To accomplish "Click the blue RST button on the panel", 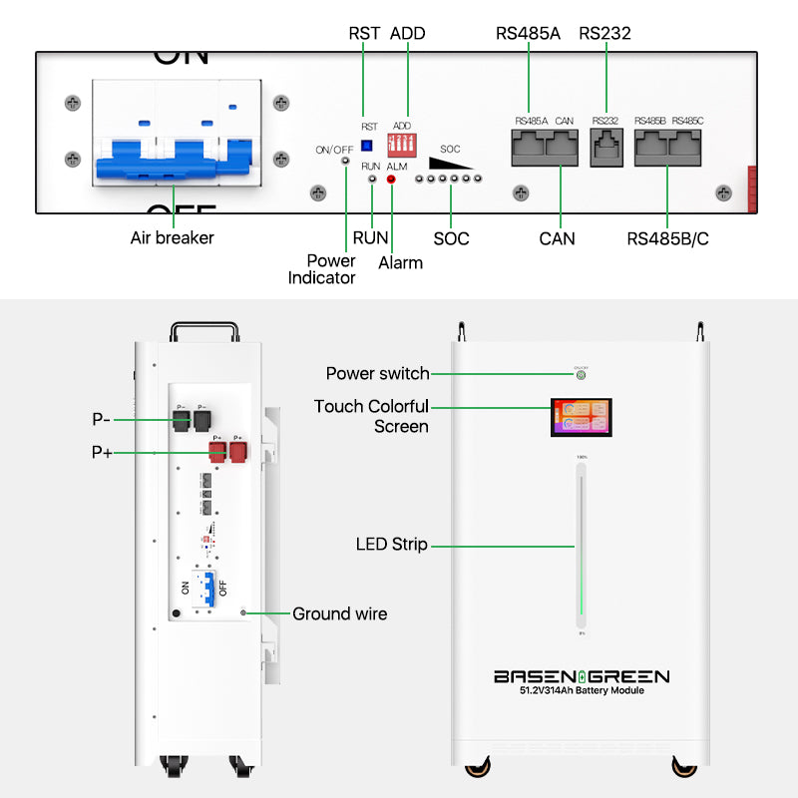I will [366, 146].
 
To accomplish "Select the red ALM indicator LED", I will [391, 180].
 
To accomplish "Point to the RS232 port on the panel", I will [605, 147].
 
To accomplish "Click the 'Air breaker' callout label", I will [172, 238].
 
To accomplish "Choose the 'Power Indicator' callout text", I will [321, 269].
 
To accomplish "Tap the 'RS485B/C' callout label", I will [667, 239].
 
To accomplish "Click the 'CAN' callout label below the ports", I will [557, 238].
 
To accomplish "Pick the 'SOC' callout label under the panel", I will [451, 239].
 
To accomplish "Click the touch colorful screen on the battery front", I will [580, 418].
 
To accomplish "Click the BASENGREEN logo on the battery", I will [582, 676].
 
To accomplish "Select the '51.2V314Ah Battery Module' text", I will [582, 691].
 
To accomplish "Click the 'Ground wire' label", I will [339, 613].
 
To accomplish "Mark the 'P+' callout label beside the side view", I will [102, 452].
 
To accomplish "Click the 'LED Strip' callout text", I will [391, 545].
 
